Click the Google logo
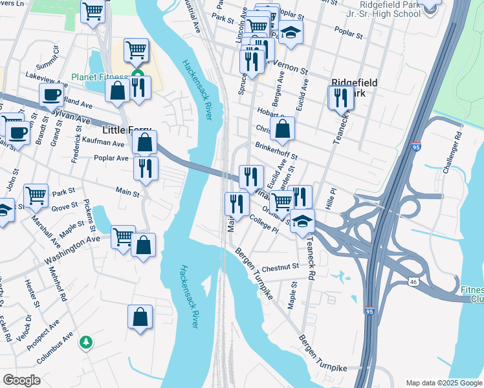[21, 380]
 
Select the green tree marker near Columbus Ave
[85, 341]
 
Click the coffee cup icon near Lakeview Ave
[51, 95]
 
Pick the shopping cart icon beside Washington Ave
[122, 236]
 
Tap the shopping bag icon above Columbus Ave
[140, 317]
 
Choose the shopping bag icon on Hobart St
[282, 129]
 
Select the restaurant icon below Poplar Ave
[146, 168]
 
